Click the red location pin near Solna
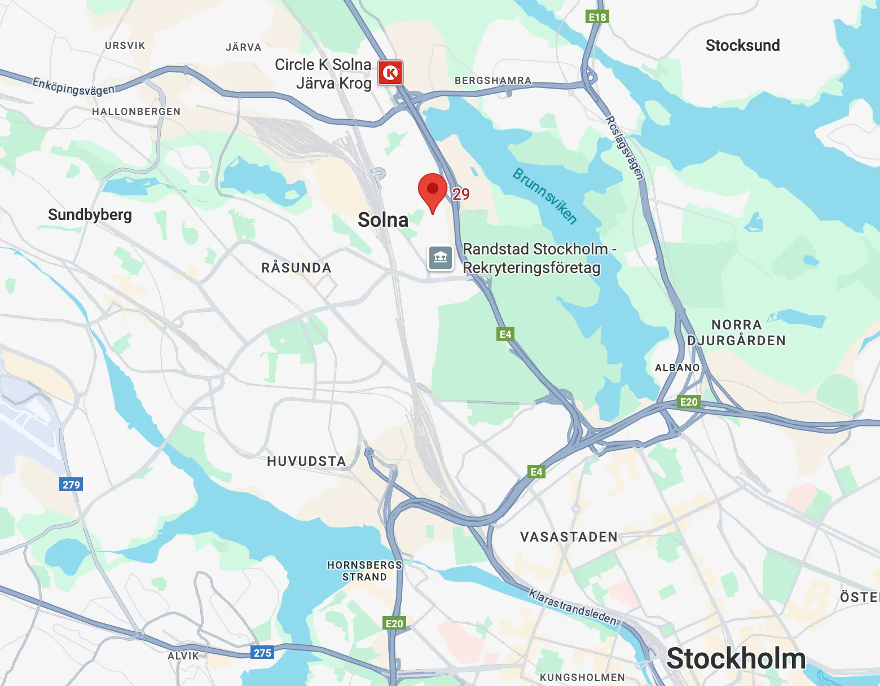click(x=432, y=191)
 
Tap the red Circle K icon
click(x=390, y=73)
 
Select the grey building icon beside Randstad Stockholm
click(x=441, y=258)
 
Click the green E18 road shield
click(x=597, y=17)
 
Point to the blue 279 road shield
click(x=71, y=485)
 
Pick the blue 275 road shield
click(x=262, y=653)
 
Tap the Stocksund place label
click(x=742, y=45)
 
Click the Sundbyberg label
click(x=90, y=215)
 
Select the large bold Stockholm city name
click(x=736, y=658)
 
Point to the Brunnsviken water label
click(x=544, y=196)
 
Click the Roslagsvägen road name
click(x=624, y=148)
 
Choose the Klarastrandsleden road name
click(x=573, y=606)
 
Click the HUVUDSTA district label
click(x=306, y=461)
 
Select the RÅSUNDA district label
click(x=296, y=268)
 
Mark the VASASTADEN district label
click(x=569, y=537)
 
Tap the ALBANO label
click(x=677, y=368)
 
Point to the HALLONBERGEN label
click(x=136, y=112)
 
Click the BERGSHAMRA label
click(x=493, y=81)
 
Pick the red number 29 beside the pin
click(x=461, y=194)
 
